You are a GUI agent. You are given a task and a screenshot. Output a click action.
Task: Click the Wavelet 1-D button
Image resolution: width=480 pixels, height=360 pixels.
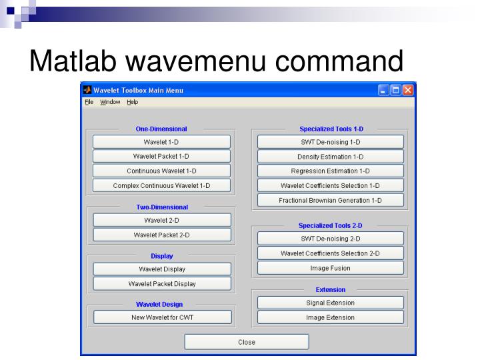pyautogui.click(x=161, y=142)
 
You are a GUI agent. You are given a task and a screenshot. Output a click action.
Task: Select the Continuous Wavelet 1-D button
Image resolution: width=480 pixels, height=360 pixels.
pyautogui.click(x=161, y=171)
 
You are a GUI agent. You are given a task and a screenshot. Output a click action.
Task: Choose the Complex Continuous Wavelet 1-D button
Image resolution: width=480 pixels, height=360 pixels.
pyautogui.click(x=161, y=186)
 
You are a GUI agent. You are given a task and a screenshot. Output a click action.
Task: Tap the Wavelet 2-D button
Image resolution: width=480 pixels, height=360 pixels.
pyautogui.click(x=161, y=220)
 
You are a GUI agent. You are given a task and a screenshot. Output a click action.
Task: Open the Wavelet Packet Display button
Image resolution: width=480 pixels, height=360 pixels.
pyautogui.click(x=162, y=283)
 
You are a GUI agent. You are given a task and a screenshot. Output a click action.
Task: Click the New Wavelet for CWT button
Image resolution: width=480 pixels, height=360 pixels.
pyautogui.click(x=162, y=317)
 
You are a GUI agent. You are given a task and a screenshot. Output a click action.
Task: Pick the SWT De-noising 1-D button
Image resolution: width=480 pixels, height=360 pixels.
pyautogui.click(x=330, y=142)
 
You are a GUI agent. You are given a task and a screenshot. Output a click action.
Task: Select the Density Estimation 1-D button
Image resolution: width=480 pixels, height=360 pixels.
pyautogui.click(x=330, y=157)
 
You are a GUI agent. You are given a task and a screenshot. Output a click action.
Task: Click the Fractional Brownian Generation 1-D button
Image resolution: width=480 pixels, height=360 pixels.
pyautogui.click(x=330, y=200)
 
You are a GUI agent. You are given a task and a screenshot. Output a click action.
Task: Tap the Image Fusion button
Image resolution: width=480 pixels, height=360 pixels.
pyautogui.click(x=330, y=268)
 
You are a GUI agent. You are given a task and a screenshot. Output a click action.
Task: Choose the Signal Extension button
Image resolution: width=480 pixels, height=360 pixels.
pyautogui.click(x=330, y=303)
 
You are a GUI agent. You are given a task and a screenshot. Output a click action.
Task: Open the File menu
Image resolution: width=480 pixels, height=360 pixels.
pyautogui.click(x=89, y=102)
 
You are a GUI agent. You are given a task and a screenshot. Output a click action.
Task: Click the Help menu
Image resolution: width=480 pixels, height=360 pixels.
pyautogui.click(x=132, y=102)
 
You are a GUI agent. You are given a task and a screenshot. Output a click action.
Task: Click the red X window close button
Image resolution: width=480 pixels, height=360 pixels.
pyautogui.click(x=407, y=90)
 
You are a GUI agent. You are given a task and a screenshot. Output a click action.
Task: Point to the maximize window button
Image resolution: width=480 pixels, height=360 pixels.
pyautogui.click(x=395, y=90)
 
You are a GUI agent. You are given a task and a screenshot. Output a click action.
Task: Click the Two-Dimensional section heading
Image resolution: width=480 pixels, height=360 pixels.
pyautogui.click(x=162, y=207)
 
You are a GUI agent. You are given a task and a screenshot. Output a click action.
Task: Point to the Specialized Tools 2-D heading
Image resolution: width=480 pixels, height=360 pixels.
pyautogui.click(x=330, y=225)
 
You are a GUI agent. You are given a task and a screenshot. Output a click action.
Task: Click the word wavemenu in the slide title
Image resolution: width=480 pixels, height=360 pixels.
pyautogui.click(x=197, y=61)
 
